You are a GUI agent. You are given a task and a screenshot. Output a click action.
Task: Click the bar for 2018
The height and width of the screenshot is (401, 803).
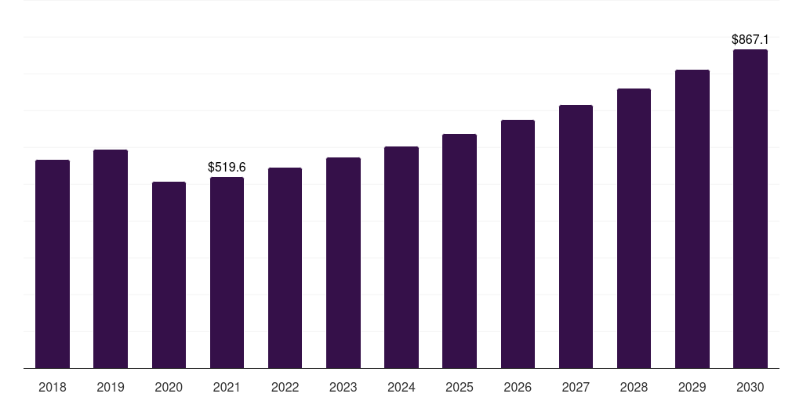53,264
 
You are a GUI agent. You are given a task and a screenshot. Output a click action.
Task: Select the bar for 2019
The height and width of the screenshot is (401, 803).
111,258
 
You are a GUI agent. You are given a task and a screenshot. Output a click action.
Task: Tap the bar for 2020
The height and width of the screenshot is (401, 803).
169,275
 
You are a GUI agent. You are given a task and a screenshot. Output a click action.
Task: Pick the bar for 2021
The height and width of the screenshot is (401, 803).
227,273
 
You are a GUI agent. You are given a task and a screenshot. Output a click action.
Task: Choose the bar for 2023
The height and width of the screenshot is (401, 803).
343,262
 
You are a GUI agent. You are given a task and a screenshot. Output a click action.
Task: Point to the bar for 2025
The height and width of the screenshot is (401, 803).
460,251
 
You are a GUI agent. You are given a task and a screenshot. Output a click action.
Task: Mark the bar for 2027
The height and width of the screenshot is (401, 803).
576,237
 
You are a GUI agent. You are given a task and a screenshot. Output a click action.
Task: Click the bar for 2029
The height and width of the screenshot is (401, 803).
692,219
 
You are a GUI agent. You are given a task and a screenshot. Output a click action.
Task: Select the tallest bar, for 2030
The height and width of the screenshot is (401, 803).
750,208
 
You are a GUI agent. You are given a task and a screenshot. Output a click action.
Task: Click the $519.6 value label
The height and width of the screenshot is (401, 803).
227,167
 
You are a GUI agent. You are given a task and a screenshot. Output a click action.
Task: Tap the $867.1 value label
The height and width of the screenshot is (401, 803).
750,39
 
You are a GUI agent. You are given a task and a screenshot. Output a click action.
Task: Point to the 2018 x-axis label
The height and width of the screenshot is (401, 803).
53,387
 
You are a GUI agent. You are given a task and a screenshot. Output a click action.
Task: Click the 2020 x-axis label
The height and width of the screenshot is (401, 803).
169,387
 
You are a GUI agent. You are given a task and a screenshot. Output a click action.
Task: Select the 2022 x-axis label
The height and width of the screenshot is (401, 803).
285,387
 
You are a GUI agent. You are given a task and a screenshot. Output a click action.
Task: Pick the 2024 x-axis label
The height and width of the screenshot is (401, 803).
401,387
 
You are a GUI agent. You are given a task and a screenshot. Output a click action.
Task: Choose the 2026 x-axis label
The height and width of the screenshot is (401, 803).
518,387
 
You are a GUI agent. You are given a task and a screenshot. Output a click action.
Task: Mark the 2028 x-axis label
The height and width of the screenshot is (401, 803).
634,387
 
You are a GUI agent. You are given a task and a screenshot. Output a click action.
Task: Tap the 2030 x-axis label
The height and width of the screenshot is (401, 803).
750,387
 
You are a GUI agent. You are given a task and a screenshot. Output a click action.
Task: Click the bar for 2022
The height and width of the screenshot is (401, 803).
285,268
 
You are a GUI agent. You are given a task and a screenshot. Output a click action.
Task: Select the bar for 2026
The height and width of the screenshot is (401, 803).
518,244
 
